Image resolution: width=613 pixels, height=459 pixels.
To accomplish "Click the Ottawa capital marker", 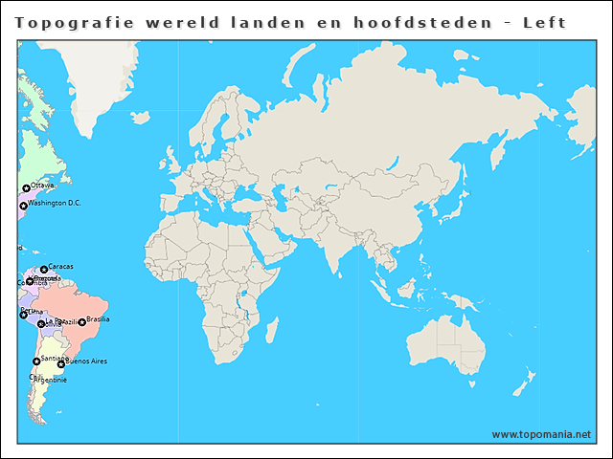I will (x=26, y=188).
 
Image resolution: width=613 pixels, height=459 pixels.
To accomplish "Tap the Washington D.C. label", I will (x=54, y=203).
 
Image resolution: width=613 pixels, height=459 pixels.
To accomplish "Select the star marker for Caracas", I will (x=44, y=270).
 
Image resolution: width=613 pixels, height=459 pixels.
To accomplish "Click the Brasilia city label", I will (x=98, y=319).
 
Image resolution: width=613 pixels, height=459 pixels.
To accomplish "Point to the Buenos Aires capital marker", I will (x=61, y=364).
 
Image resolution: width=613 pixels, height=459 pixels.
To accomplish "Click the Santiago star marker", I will (x=36, y=361).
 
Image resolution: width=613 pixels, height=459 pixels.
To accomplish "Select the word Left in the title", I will (x=543, y=22).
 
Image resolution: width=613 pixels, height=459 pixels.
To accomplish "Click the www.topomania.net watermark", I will (x=541, y=434).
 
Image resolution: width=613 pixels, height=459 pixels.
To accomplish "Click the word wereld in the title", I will (x=182, y=22).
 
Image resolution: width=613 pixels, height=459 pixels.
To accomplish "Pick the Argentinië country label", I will (x=50, y=380).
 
